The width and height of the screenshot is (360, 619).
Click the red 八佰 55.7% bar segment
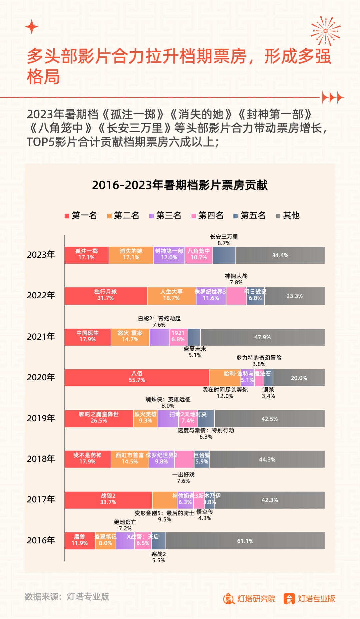137,378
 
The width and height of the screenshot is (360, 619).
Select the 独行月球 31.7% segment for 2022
105,296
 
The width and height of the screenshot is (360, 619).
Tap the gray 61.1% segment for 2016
245,541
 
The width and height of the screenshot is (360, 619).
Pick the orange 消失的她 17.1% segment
131,255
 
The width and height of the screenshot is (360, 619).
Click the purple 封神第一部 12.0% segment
169,255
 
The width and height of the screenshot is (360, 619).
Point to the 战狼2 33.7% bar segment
108,500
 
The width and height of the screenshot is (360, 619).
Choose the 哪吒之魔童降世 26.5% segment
99,418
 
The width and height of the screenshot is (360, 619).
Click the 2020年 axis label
41,377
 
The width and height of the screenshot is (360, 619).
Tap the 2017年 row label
41,499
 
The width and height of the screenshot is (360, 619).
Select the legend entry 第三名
165,216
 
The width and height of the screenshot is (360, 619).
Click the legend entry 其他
288,216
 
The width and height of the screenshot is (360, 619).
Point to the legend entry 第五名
250,216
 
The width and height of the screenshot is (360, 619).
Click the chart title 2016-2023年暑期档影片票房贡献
180,185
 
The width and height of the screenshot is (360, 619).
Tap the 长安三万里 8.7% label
224,240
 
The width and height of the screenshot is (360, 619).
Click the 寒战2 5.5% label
159,557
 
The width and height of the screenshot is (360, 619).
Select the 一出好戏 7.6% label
183,478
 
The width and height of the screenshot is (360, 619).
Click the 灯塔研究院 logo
249,599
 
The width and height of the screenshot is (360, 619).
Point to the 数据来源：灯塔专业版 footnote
67,597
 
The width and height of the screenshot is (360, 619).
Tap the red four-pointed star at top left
32,27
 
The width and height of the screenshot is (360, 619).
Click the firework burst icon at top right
325,31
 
